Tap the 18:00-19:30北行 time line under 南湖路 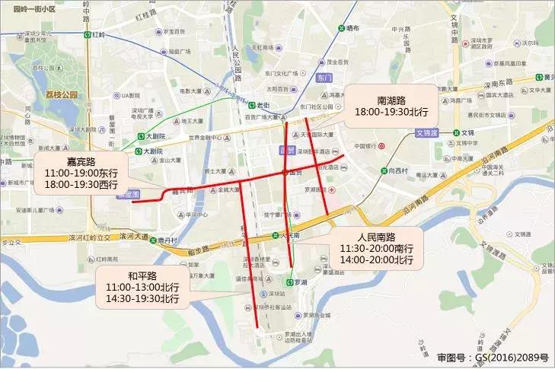click(x=392, y=112)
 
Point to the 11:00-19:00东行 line click(x=78, y=173)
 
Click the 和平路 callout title click(x=143, y=275)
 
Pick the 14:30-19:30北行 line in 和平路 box click(x=143, y=299)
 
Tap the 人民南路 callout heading click(x=376, y=237)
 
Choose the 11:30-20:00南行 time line click(x=376, y=249)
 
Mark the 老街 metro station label click(x=263, y=106)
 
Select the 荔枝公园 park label click(x=61, y=95)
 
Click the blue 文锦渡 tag click(x=428, y=133)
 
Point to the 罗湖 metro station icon click(x=292, y=282)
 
